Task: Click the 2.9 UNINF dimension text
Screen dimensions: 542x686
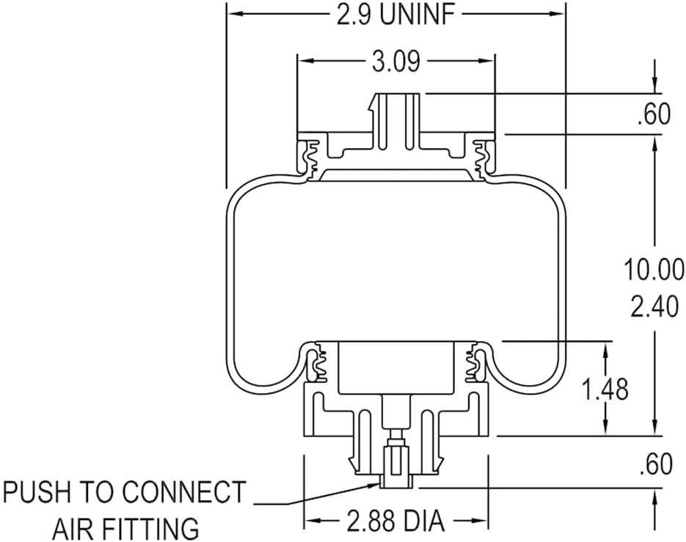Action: coord(395,14)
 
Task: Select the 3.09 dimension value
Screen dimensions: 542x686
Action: coord(395,62)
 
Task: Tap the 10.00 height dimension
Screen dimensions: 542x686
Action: coord(654,268)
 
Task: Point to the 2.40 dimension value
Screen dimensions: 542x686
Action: coord(654,307)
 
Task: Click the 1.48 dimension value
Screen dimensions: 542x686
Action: coord(605,389)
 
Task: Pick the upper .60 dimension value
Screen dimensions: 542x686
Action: coord(654,115)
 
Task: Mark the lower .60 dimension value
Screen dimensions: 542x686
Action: coord(654,464)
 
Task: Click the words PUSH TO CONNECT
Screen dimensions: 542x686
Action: coord(124,492)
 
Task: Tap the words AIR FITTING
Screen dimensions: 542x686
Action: coord(125,527)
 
